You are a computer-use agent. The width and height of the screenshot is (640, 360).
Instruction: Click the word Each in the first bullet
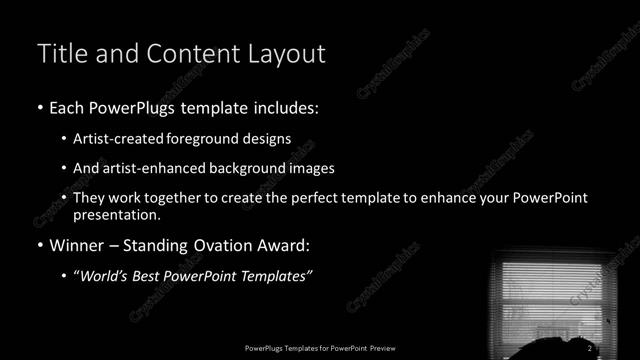click(x=71, y=107)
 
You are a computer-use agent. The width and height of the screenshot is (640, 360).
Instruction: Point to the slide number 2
click(x=590, y=347)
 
